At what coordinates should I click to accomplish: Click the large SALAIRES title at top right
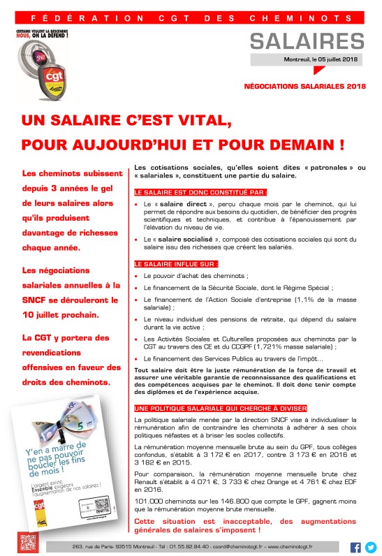(x=307, y=41)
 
